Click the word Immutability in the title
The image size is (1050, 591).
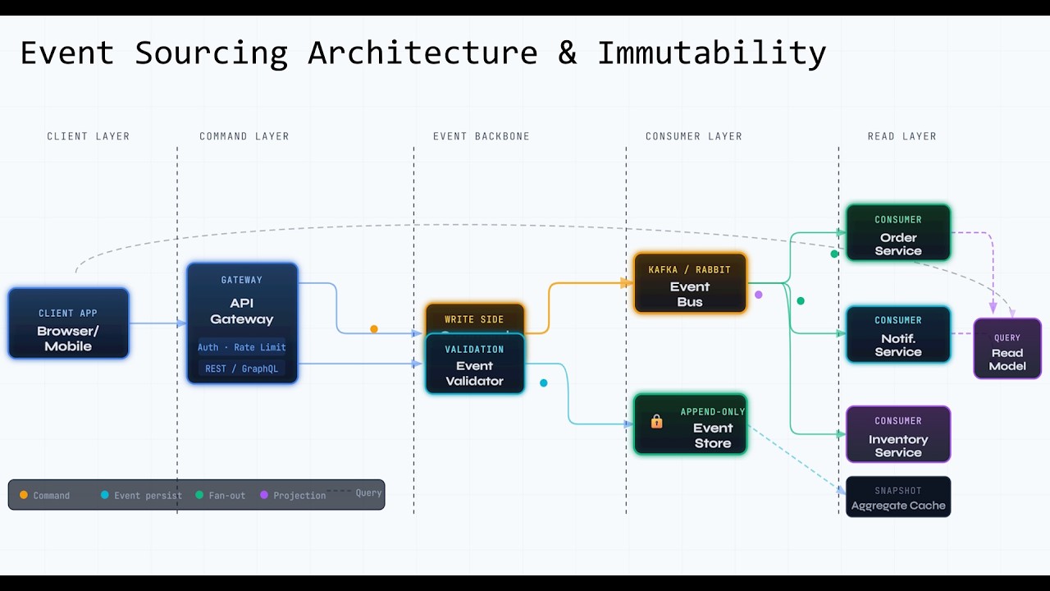(711, 53)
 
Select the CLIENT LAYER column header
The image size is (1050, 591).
(88, 136)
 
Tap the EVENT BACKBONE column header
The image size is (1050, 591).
(481, 136)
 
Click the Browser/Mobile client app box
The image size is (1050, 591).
(68, 323)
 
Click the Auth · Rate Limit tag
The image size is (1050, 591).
(242, 347)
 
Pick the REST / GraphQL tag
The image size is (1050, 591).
(242, 369)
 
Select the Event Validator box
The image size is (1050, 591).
(474, 366)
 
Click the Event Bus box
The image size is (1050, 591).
(690, 284)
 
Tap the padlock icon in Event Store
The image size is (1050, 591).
(656, 422)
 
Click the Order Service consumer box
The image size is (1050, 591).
(898, 234)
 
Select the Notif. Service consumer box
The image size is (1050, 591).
(898, 335)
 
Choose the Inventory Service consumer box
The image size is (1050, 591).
(898, 435)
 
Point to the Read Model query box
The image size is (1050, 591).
(1007, 350)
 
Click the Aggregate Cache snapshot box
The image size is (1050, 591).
(898, 497)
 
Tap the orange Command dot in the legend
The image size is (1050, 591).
(24, 495)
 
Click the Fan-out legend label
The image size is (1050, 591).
(226, 496)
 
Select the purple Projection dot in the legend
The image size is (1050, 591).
(264, 495)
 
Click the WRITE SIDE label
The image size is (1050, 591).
(474, 319)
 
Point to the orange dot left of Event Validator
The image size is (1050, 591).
(374, 329)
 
